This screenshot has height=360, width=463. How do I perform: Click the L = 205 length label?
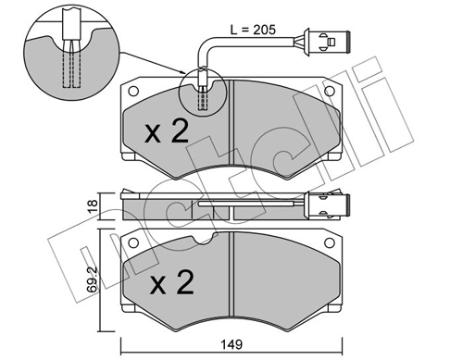[x=253, y=30]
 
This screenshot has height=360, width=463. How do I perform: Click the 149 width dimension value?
[x=231, y=344]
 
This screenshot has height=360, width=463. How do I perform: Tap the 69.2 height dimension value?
[x=92, y=279]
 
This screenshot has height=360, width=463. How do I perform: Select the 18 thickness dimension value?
[x=93, y=205]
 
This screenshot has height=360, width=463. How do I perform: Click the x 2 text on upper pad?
[x=167, y=131]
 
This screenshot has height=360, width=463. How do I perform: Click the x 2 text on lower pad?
[x=172, y=281]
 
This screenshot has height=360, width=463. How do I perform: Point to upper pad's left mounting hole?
[x=133, y=92]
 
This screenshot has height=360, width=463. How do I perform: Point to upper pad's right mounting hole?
[x=330, y=91]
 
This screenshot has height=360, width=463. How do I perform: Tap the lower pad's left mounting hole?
[x=133, y=242]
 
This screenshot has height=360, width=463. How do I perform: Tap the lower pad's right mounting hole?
[x=330, y=242]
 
